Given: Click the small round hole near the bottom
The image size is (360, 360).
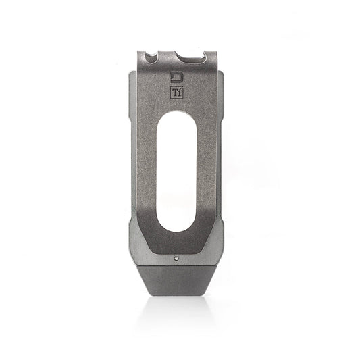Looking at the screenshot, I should [177, 257].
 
